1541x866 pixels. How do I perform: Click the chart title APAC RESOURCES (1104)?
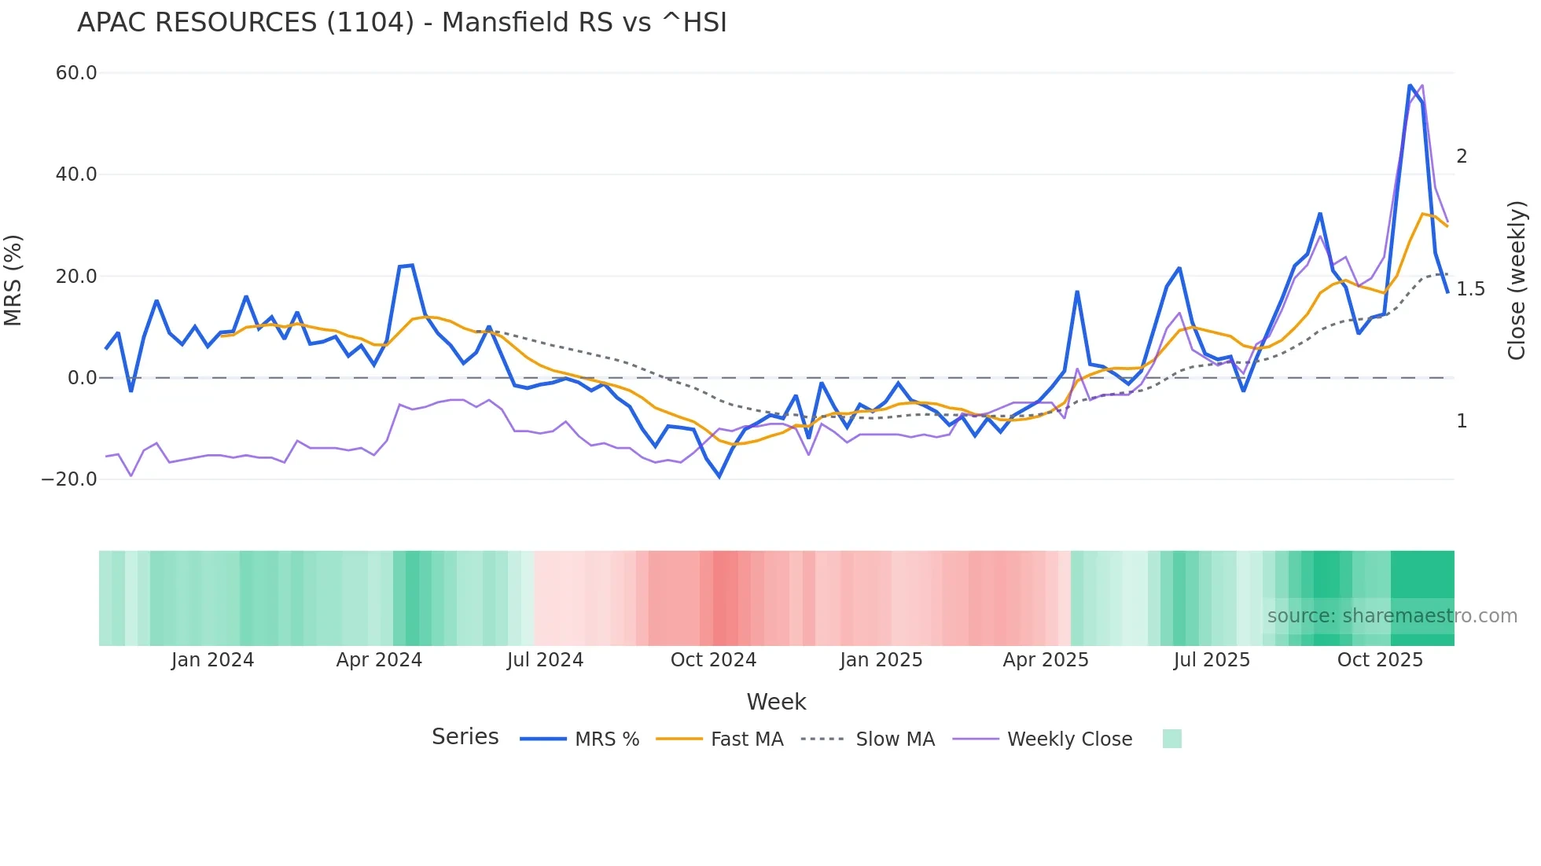click(402, 23)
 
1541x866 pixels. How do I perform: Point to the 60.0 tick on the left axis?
click(76, 73)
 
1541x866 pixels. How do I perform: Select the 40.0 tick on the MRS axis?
click(76, 174)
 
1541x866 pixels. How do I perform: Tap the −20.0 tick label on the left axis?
click(69, 479)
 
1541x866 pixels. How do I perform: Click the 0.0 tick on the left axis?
click(82, 378)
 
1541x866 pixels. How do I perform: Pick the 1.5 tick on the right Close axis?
click(1470, 289)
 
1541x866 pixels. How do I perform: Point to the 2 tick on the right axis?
click(1462, 156)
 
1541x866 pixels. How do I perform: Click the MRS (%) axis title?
click(13, 281)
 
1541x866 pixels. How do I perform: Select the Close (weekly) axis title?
click(1517, 281)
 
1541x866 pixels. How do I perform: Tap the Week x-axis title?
click(776, 702)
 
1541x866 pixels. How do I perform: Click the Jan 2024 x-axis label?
click(212, 660)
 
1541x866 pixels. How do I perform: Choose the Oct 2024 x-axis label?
click(713, 660)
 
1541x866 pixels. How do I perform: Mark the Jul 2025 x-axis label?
click(1212, 660)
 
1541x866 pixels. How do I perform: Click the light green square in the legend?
click(1171, 739)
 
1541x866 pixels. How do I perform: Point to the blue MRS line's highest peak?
click(1410, 85)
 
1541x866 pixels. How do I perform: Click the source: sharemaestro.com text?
click(1392, 616)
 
